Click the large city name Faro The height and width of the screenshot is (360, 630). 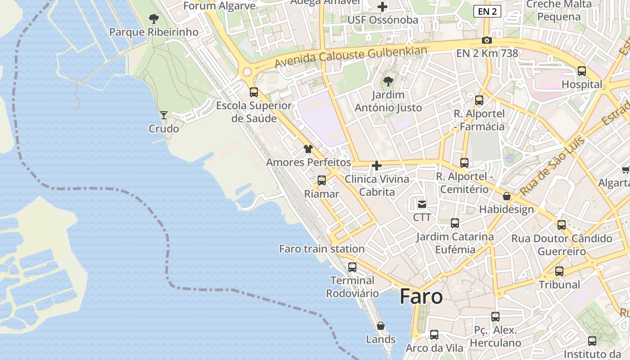point(421,297)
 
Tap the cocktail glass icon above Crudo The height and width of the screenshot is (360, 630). point(164,115)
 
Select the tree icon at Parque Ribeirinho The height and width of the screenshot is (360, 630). point(154,19)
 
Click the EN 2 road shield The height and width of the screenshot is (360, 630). point(487,12)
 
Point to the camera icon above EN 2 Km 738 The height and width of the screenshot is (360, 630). point(486,40)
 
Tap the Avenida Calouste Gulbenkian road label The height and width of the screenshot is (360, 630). point(351,57)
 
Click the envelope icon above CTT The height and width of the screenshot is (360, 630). point(422,205)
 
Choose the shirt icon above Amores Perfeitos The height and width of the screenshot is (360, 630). point(308,149)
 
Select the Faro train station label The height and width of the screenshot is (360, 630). point(322,249)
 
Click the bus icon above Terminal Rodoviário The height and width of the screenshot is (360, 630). point(352,267)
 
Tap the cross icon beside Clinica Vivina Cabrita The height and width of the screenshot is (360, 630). point(377,166)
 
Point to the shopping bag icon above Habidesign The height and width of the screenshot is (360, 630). point(507,196)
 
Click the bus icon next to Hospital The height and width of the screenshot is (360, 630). point(582,71)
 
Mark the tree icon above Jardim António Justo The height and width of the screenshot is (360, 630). point(388,81)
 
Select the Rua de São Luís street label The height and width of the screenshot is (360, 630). point(552,166)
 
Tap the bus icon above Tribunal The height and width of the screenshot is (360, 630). point(559,271)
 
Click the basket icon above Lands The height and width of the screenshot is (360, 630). point(381,326)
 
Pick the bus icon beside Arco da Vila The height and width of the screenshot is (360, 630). point(434,335)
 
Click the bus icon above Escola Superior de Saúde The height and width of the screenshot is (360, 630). point(254,92)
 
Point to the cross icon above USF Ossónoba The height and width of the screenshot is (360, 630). point(382,7)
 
